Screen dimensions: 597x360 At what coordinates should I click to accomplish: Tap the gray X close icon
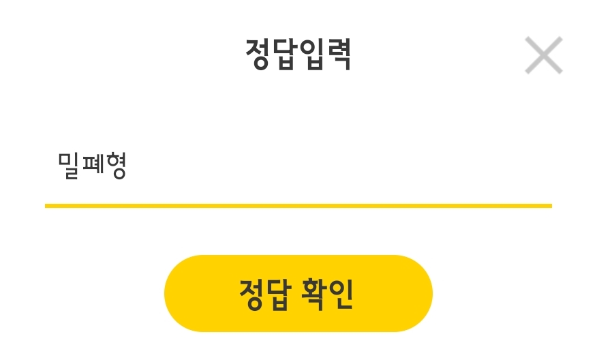543,55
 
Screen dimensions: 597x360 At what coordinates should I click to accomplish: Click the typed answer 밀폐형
92,166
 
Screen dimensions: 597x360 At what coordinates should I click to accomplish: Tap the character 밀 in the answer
70,166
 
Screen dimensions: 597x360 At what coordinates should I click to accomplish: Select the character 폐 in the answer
92,166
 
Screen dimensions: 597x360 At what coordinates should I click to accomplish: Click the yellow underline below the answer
298,205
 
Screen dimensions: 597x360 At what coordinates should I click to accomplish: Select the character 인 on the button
341,294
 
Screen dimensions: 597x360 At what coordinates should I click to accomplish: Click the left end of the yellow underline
47,205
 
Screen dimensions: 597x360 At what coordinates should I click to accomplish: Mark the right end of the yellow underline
549,205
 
